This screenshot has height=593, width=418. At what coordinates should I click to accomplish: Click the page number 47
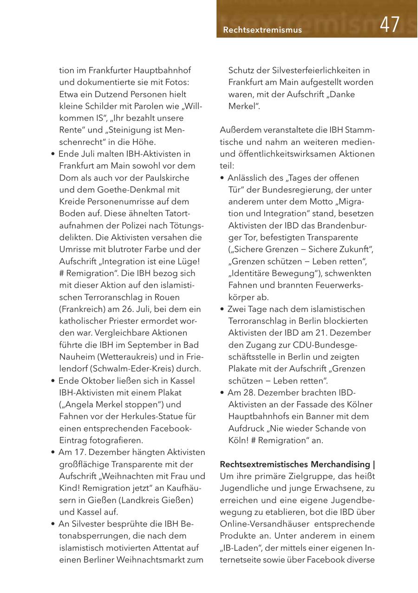pyautogui.click(x=389, y=25)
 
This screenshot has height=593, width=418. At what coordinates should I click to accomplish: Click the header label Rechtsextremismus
pyautogui.click(x=262, y=30)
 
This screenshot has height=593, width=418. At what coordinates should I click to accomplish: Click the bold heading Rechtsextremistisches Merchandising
pyautogui.click(x=295, y=464)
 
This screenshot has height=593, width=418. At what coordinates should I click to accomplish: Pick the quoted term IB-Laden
pyautogui.click(x=242, y=548)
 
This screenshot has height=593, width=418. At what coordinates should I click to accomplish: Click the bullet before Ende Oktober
pyautogui.click(x=53, y=381)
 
